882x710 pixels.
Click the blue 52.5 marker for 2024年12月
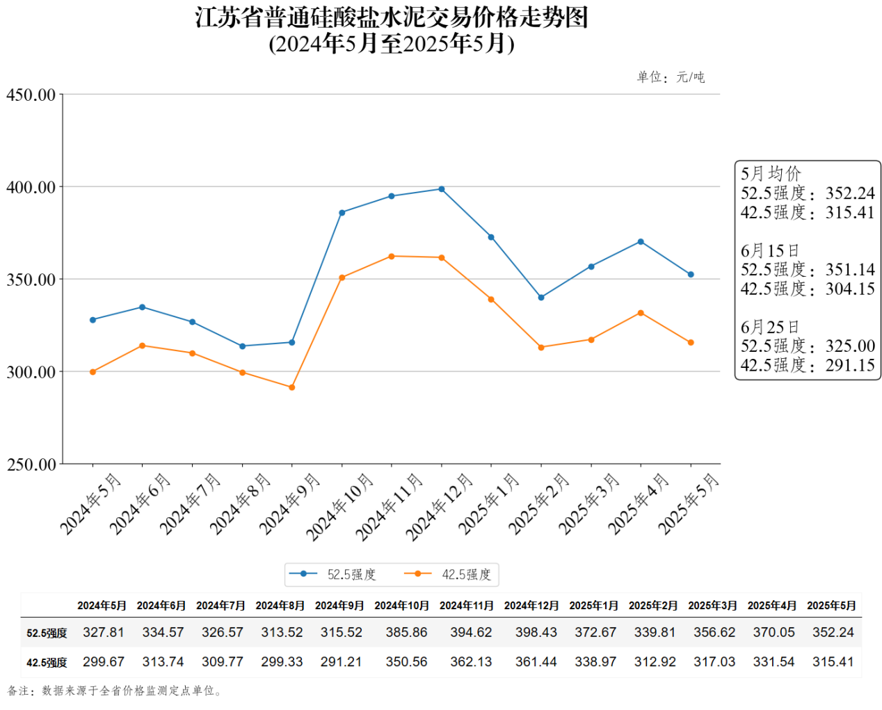pyautogui.click(x=442, y=189)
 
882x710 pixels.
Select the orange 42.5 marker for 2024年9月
pyautogui.click(x=292, y=387)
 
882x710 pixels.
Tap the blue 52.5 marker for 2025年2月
pyautogui.click(x=541, y=298)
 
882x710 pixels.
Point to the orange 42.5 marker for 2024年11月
pyautogui.click(x=392, y=257)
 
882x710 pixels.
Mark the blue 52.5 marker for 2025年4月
pyautogui.click(x=641, y=242)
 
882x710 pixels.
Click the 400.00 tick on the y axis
pyautogui.click(x=31, y=187)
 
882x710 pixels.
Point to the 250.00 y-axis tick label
pyautogui.click(x=31, y=465)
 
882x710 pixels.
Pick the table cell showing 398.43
pyautogui.click(x=536, y=632)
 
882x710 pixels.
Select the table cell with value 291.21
pyautogui.click(x=341, y=662)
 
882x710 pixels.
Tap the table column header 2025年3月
pyautogui.click(x=712, y=606)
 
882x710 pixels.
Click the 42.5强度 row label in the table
pyautogui.click(x=47, y=663)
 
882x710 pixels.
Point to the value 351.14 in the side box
pyautogui.click(x=850, y=270)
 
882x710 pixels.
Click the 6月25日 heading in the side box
pyautogui.click(x=770, y=327)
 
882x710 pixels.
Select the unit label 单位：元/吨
pyautogui.click(x=671, y=77)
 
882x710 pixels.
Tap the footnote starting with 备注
pyautogui.click(x=115, y=691)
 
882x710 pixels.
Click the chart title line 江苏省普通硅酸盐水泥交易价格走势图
pyautogui.click(x=392, y=17)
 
